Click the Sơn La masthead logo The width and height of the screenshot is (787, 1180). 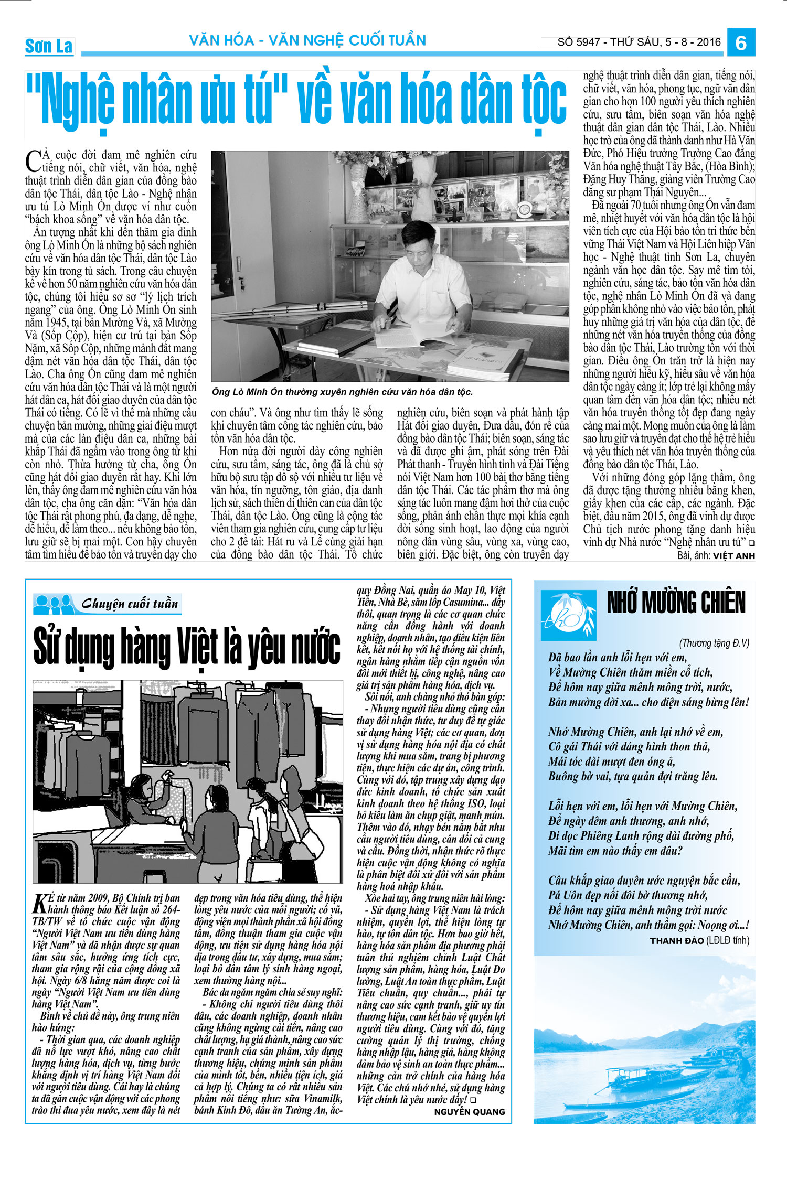(x=49, y=46)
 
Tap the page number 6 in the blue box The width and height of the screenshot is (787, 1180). (x=741, y=42)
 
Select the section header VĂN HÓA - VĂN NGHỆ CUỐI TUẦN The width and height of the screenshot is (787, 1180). (x=307, y=40)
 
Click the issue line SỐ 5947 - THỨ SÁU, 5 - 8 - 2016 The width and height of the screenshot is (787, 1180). (x=639, y=42)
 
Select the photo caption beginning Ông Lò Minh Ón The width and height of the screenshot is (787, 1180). (x=342, y=392)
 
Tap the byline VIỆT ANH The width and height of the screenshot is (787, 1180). (x=733, y=556)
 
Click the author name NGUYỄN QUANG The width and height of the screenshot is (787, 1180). (x=469, y=1111)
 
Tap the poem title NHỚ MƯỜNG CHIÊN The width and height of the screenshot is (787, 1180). (x=676, y=602)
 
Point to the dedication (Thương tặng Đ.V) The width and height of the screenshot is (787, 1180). (x=714, y=643)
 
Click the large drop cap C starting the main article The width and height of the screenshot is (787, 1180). (x=33, y=161)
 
